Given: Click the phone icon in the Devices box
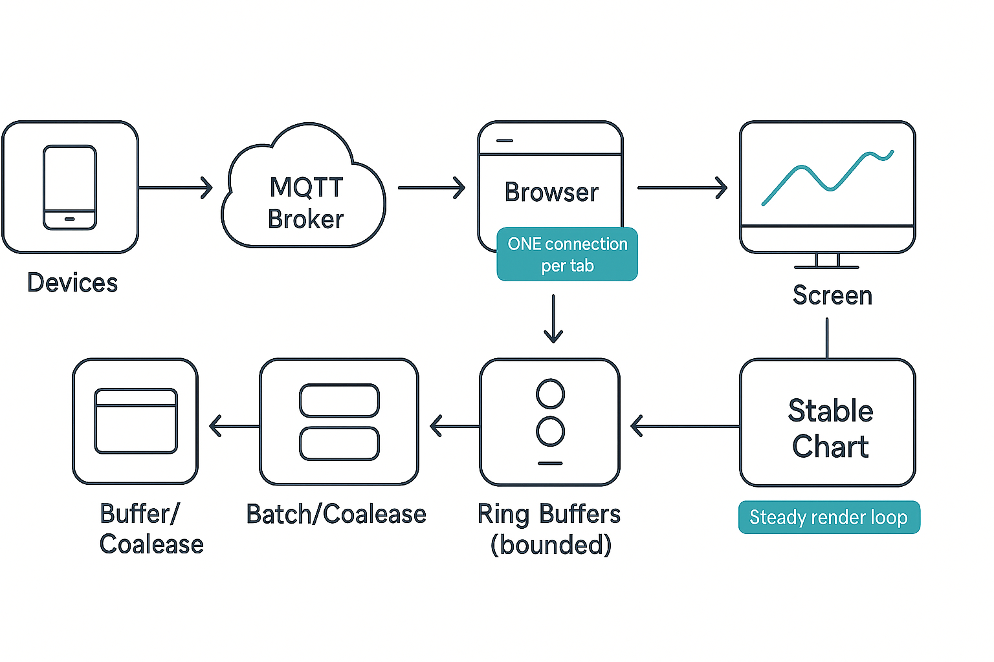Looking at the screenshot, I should pos(70,187).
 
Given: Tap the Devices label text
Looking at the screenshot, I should pos(72,283).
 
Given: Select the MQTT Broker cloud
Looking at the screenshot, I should pos(304,194).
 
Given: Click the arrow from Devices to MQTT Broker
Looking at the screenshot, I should pos(175,188).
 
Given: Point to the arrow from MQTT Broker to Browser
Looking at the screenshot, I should pos(431,188).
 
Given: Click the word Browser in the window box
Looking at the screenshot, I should pos(551,193).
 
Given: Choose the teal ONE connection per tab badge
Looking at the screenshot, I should pos(567,254).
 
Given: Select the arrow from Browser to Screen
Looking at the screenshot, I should pos(681,188).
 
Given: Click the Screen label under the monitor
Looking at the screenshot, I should pos(832,295).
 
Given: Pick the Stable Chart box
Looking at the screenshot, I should pos(827,423).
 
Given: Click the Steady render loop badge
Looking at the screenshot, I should pos(828,517).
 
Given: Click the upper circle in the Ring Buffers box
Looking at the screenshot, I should pos(550,394).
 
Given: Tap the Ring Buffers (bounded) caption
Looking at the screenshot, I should pos(549,529).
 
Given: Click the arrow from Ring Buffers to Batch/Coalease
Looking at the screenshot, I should pos(454,427).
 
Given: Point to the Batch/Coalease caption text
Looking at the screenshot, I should pos(337,515).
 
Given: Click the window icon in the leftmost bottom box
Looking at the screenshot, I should pos(136,421).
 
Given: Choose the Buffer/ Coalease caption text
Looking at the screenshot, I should pos(151,529).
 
